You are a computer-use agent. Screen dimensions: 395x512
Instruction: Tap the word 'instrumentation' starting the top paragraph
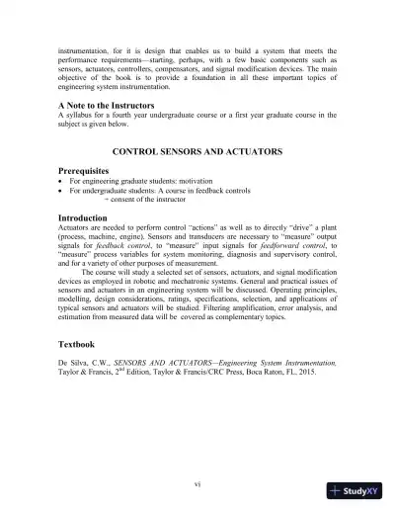85,48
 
